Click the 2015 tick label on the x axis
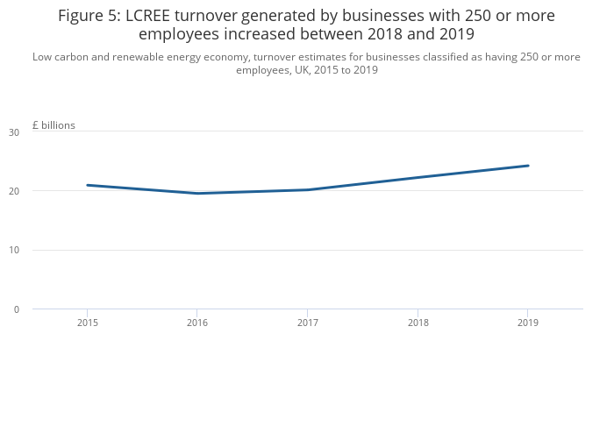(x=87, y=323)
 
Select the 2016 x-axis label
(x=197, y=323)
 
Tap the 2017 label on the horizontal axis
(x=307, y=323)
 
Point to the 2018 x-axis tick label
(x=418, y=323)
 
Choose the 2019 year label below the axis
(x=527, y=323)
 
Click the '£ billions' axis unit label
(x=54, y=125)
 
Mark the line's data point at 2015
(x=87, y=185)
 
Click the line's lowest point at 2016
(x=197, y=194)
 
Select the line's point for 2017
(x=307, y=189)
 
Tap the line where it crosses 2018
(x=418, y=177)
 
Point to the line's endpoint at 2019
(x=527, y=166)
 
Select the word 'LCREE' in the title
(x=155, y=16)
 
